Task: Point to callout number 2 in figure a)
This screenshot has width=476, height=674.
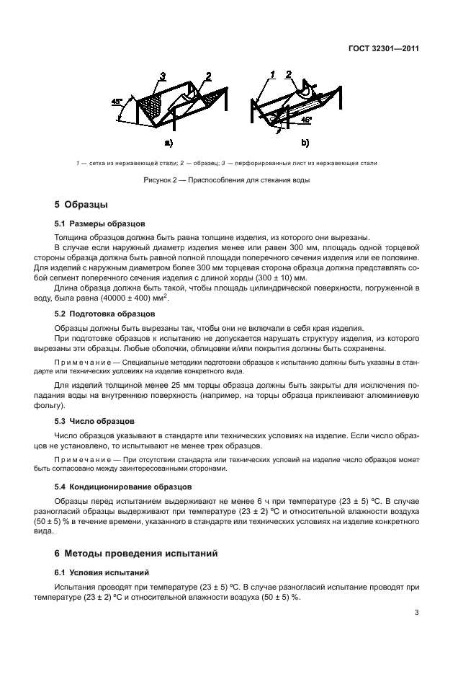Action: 207,76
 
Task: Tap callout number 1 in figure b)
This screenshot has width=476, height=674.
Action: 272,74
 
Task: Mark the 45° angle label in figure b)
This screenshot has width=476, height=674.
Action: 306,119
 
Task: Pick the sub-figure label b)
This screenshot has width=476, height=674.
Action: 305,142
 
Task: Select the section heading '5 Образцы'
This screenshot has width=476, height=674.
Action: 81,206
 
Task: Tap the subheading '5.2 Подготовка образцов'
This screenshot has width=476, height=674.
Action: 104,315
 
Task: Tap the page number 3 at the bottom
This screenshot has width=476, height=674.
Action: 416,613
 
